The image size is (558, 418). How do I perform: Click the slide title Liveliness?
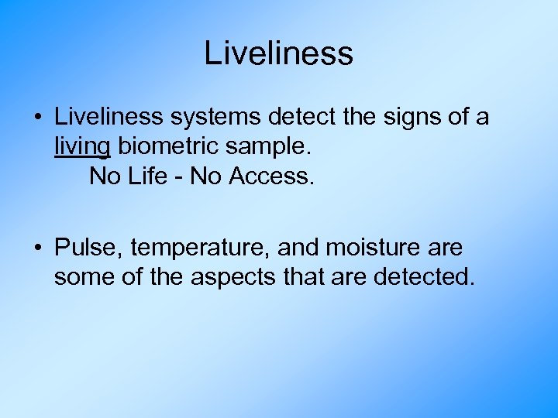click(278, 53)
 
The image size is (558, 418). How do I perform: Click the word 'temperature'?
click(200, 249)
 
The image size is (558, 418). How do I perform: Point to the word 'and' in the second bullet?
click(298, 248)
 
